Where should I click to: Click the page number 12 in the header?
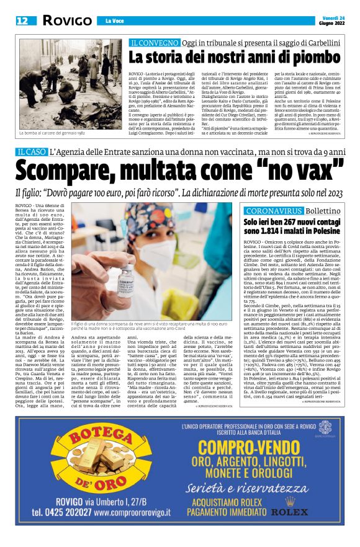22,20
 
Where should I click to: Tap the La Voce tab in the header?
114,21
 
